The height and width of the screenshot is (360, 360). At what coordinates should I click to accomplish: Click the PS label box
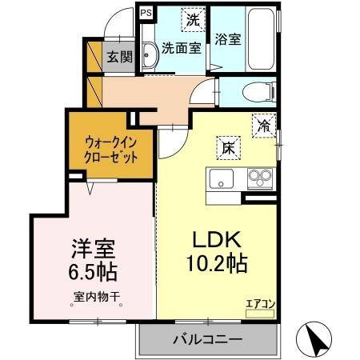[x=145, y=13]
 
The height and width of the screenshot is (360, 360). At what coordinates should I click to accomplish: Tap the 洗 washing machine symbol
[x=192, y=18]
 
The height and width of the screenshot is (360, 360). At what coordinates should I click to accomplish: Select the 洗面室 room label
[x=181, y=48]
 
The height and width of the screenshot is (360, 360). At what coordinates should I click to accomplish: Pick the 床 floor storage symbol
[x=227, y=146]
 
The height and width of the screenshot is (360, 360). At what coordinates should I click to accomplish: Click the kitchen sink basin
[x=221, y=177]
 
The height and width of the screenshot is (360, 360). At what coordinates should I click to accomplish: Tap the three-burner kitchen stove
[x=260, y=176]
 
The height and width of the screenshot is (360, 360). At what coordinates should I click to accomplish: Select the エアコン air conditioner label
[x=260, y=303]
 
